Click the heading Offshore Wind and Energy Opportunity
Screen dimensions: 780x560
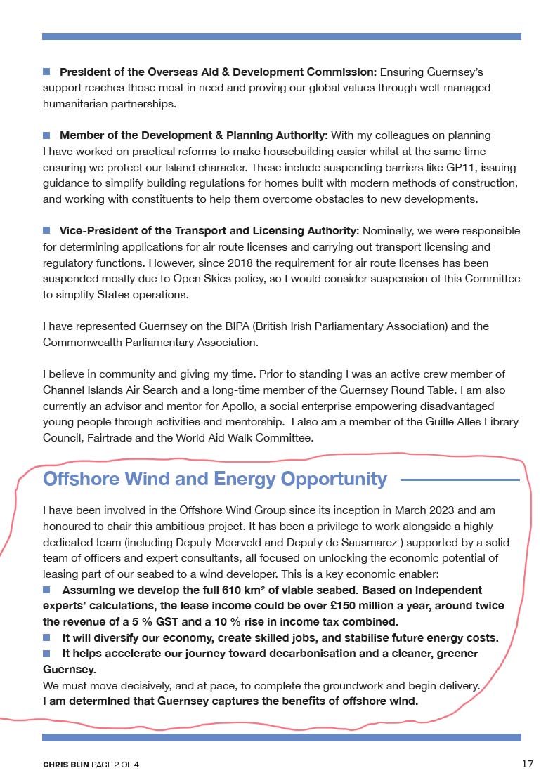214,479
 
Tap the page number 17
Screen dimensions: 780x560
528,763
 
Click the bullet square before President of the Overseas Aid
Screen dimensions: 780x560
47,71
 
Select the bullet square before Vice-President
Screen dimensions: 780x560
47,230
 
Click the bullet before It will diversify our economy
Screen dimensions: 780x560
47,637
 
